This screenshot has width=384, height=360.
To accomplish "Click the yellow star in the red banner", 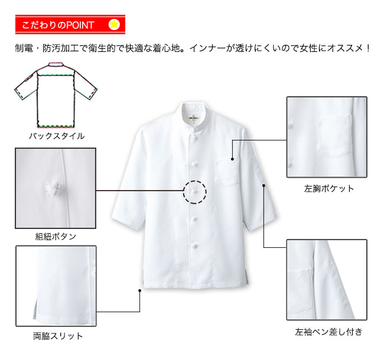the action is [114, 24].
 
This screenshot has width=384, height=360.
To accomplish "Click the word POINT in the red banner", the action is [80, 25].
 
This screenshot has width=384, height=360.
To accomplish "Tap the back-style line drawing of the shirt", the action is [56, 95].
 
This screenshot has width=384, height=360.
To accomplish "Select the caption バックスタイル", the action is [57, 136].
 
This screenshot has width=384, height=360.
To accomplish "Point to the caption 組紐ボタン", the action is [56, 237].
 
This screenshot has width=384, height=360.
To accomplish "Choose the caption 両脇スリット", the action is [58, 336].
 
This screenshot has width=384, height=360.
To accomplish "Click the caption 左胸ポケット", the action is [329, 189].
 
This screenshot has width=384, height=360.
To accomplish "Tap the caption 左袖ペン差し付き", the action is [328, 332].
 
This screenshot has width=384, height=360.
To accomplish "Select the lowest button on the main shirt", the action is [195, 246].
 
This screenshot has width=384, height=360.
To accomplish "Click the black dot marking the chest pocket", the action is [232, 159].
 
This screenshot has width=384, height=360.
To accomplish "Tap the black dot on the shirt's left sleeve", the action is [263, 186].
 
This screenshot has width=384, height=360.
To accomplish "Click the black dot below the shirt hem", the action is [139, 290].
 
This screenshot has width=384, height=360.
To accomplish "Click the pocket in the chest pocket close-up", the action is [334, 135].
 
